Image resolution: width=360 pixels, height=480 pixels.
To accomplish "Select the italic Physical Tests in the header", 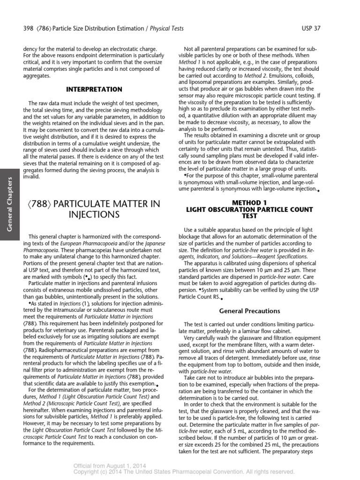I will (x=166, y=29).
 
